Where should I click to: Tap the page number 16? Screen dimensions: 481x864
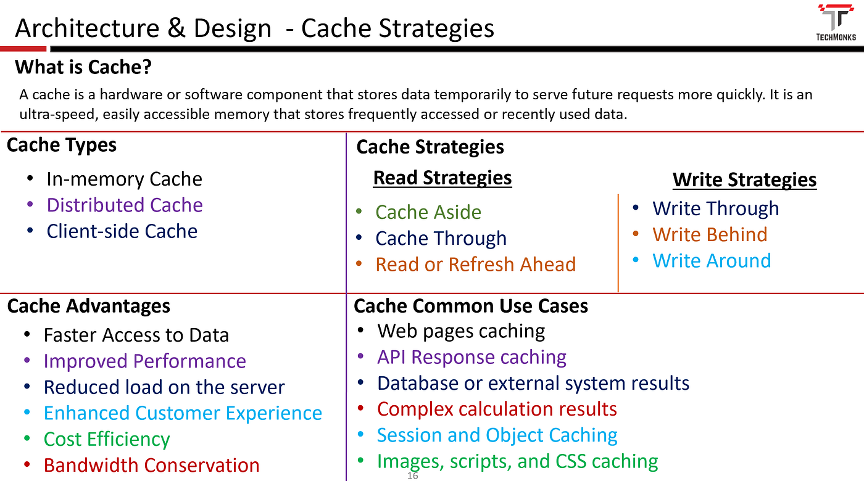[413, 476]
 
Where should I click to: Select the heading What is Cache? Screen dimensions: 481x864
[83, 67]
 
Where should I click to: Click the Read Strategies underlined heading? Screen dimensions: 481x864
[442, 178]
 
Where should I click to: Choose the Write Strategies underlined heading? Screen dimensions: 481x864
[744, 180]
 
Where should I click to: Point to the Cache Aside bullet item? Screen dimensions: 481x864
[428, 212]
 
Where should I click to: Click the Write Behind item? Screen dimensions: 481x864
[710, 234]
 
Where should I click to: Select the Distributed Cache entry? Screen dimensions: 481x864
[125, 205]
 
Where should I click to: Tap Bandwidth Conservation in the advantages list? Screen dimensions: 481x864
[151, 465]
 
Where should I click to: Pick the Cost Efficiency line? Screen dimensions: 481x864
[107, 439]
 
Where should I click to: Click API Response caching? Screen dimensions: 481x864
[471, 357]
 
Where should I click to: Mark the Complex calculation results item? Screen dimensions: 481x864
[497, 409]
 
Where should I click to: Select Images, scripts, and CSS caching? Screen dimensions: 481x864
[517, 461]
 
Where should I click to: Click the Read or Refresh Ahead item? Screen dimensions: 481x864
[475, 265]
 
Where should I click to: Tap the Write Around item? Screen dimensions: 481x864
[712, 260]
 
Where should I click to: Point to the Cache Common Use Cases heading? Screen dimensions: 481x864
[471, 306]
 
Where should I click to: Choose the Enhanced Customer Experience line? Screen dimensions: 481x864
[183, 413]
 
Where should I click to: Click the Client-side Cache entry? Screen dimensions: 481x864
[122, 231]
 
